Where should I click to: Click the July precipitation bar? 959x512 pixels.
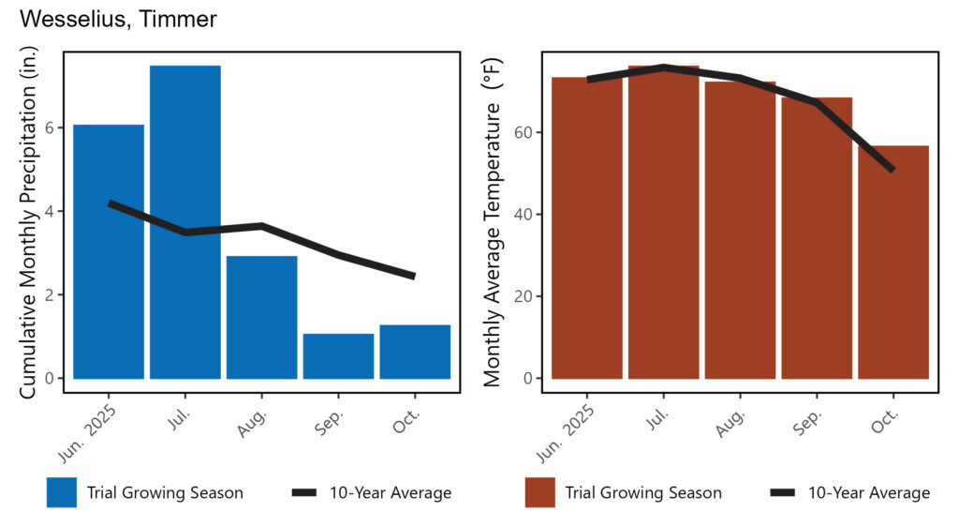[x=185, y=221]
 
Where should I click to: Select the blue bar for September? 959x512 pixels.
[x=338, y=356]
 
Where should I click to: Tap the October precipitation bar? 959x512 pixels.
[x=415, y=353]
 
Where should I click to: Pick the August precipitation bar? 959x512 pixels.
[x=262, y=317]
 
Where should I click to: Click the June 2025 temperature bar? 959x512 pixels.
[x=587, y=228]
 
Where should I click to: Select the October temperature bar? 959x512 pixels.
[x=893, y=263]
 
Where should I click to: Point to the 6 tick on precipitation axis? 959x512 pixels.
[x=51, y=128]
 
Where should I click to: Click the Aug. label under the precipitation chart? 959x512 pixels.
[x=253, y=423]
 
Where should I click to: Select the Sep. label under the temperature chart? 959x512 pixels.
[x=808, y=423]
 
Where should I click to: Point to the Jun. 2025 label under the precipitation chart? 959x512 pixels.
[x=87, y=432]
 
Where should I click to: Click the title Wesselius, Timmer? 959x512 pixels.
[x=118, y=19]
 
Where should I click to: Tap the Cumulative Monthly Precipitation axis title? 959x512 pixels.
[x=28, y=222]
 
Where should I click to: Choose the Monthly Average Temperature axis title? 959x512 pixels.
[x=493, y=222]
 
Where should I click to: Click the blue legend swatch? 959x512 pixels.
[x=62, y=492]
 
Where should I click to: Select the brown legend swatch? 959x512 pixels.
[x=540, y=492]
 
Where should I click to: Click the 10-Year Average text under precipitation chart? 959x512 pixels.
[x=391, y=492]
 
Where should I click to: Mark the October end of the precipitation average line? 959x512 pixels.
[x=414, y=277]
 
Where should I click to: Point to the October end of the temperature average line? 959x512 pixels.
[x=893, y=170]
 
